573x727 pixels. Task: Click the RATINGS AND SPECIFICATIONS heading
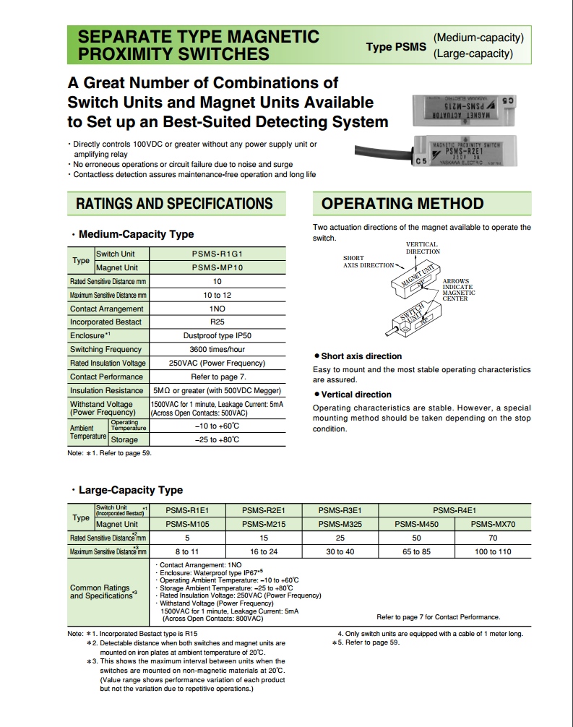click(174, 204)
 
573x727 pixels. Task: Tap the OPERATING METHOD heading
click(402, 204)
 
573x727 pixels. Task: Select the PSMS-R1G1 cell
click(217, 254)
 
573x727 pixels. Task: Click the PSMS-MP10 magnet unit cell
click(217, 267)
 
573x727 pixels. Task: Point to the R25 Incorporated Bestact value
click(217, 322)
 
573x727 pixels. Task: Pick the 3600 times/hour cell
click(217, 350)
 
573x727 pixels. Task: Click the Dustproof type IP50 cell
click(217, 336)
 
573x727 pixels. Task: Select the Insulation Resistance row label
click(106, 390)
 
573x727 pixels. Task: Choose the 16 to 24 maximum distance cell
click(264, 552)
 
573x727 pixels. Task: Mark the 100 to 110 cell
click(493, 552)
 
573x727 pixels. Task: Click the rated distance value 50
click(417, 538)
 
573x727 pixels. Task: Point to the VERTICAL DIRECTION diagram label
click(423, 248)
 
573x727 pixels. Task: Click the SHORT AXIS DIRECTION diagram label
click(367, 262)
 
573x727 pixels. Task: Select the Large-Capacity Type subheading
click(130, 490)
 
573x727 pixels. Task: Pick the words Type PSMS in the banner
click(396, 47)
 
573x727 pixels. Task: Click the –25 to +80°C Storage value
click(217, 439)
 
